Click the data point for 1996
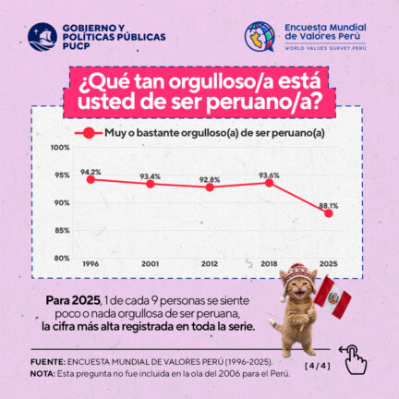click(x=91, y=179)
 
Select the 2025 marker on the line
click(x=329, y=213)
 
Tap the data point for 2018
click(x=269, y=183)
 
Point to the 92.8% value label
click(x=210, y=180)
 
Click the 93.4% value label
click(x=151, y=176)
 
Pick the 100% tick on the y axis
click(x=60, y=148)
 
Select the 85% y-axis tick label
click(x=62, y=231)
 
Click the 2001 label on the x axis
click(x=151, y=264)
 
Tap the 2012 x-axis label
click(x=210, y=264)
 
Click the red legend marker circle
click(x=89, y=133)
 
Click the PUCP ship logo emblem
click(x=42, y=37)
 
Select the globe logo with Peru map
click(x=260, y=36)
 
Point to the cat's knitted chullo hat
click(x=297, y=277)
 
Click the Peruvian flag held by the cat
click(x=332, y=297)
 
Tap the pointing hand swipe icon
click(x=354, y=359)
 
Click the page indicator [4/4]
click(x=318, y=366)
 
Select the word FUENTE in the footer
click(x=48, y=361)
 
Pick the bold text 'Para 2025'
click(x=73, y=300)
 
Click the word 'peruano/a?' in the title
click(x=262, y=103)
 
